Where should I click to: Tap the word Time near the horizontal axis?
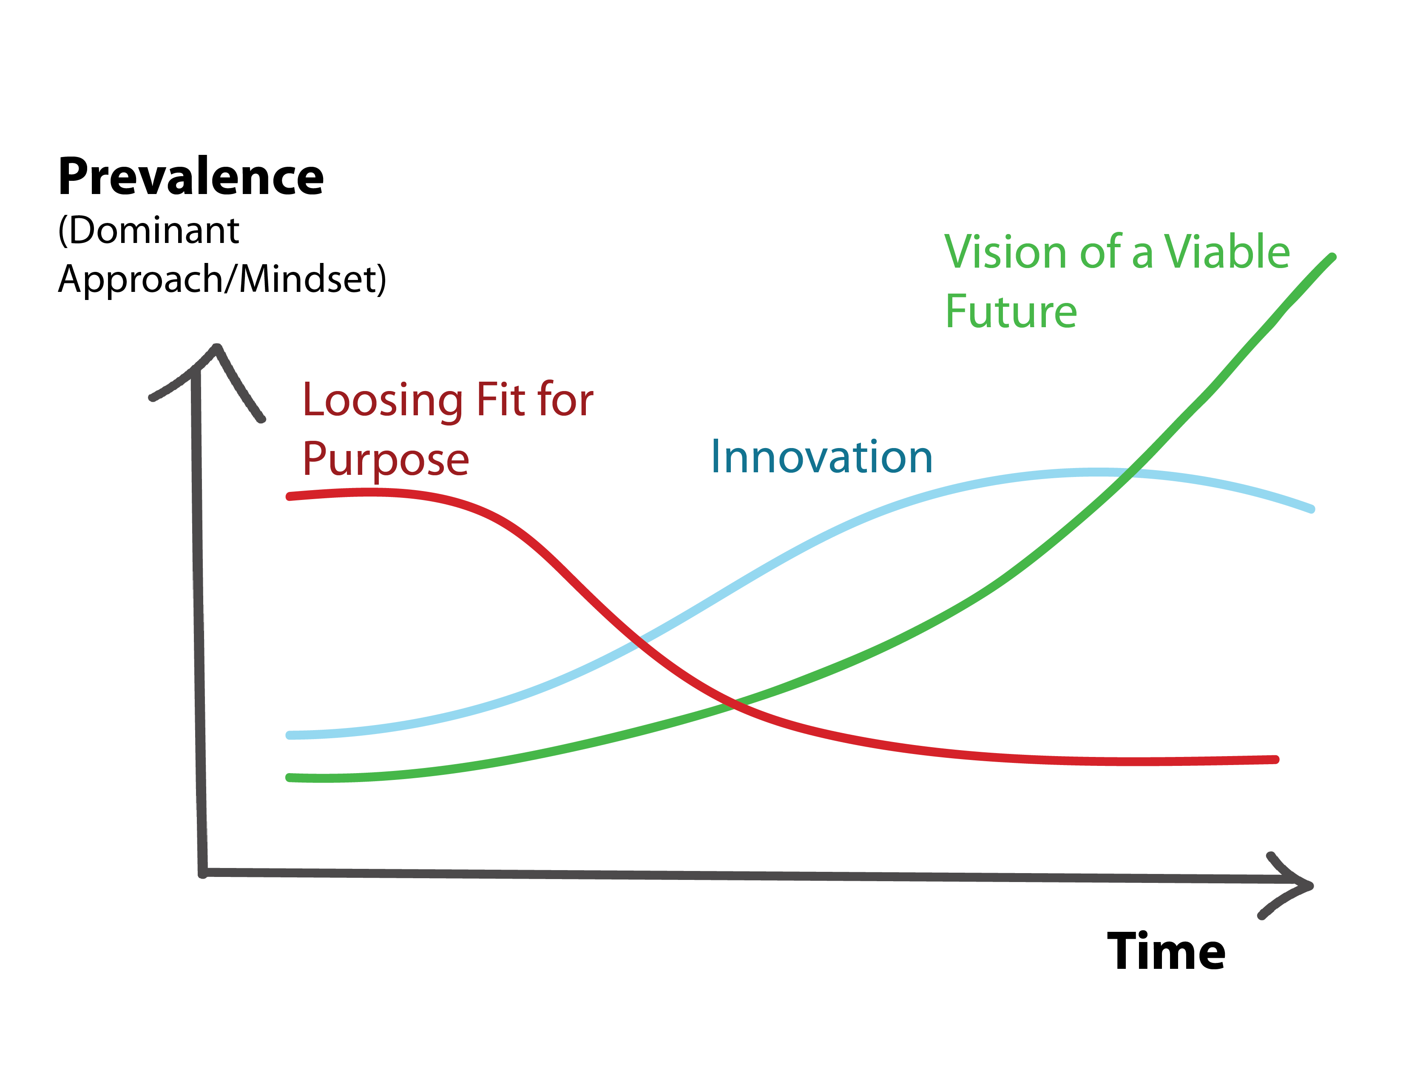pyautogui.click(x=1166, y=951)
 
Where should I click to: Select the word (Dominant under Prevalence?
pyautogui.click(x=148, y=231)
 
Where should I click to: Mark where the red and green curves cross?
pyautogui.click(x=734, y=705)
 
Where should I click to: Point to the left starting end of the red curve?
pyautogui.click(x=290, y=496)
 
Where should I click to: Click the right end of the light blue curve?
pyautogui.click(x=1312, y=509)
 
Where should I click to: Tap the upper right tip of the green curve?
pyautogui.click(x=1333, y=257)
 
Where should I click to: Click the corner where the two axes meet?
pyautogui.click(x=202, y=873)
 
